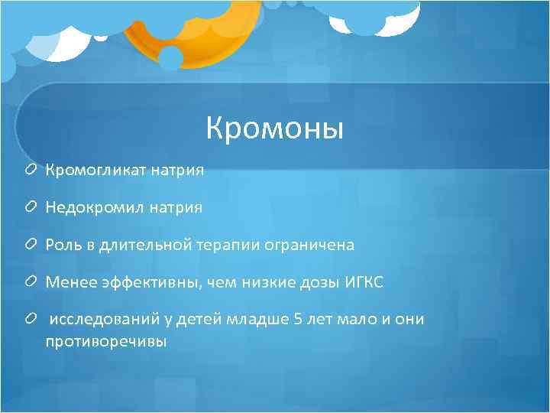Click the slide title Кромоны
[275, 128]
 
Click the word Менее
[66, 282]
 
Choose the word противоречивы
[105, 341]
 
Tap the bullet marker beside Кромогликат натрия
[31, 170]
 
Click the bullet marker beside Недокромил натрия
[31, 207]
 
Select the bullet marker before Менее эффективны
[31, 282]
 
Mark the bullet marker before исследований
[31, 320]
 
